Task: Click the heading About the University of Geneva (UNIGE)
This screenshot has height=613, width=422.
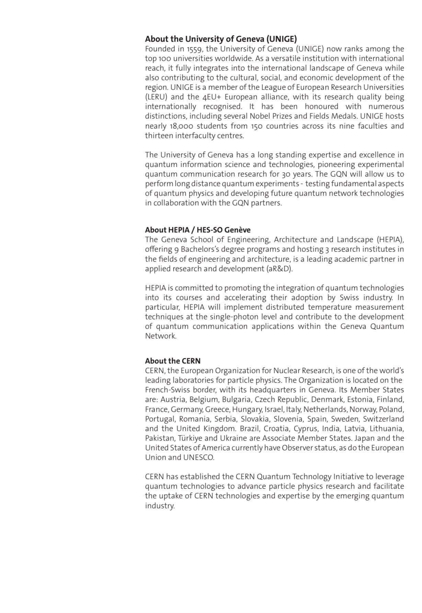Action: coord(221,39)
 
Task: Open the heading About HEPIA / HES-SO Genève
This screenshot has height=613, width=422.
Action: coord(197,230)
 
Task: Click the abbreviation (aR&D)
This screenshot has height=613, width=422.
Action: coord(280,269)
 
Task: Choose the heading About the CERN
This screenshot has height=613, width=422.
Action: coord(173,361)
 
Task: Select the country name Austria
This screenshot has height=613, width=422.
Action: coord(173,400)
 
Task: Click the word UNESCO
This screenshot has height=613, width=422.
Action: coord(198,457)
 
